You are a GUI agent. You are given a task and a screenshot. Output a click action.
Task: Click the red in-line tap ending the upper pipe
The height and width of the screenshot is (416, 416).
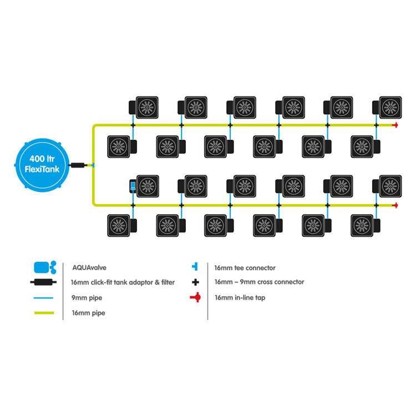pos(395,125)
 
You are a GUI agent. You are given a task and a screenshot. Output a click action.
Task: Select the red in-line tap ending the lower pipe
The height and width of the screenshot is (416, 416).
pos(395,205)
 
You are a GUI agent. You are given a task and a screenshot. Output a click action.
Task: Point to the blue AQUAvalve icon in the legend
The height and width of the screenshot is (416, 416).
pos(44,267)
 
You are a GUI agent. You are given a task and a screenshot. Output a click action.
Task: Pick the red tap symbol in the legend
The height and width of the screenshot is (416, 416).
pos(195,298)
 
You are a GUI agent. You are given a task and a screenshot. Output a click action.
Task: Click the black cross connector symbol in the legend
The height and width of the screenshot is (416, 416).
pos(195,282)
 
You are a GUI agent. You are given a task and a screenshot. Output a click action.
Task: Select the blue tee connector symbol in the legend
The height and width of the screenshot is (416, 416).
pos(195,267)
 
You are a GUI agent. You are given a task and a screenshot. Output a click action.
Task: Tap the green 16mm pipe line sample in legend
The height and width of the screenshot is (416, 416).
pos(43,313)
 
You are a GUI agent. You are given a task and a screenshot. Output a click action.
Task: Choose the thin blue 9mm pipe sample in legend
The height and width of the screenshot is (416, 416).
pos(43,298)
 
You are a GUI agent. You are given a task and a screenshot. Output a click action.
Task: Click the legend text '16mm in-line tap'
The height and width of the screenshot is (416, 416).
pos(240,298)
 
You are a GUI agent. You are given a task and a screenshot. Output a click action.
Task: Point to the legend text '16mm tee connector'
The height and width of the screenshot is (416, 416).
pos(245,267)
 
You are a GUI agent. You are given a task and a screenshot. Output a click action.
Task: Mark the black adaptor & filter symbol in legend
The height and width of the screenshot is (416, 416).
pos(43,282)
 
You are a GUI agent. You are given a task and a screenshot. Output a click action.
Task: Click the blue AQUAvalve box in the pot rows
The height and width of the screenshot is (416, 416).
pos(133,186)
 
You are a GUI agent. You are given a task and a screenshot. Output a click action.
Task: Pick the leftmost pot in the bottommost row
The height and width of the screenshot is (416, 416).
pos(118,225)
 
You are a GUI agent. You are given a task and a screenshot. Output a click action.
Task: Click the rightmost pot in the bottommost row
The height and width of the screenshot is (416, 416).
pos(363,225)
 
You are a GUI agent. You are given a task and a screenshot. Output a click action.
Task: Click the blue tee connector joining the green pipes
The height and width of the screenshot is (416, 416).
pos(93,165)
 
